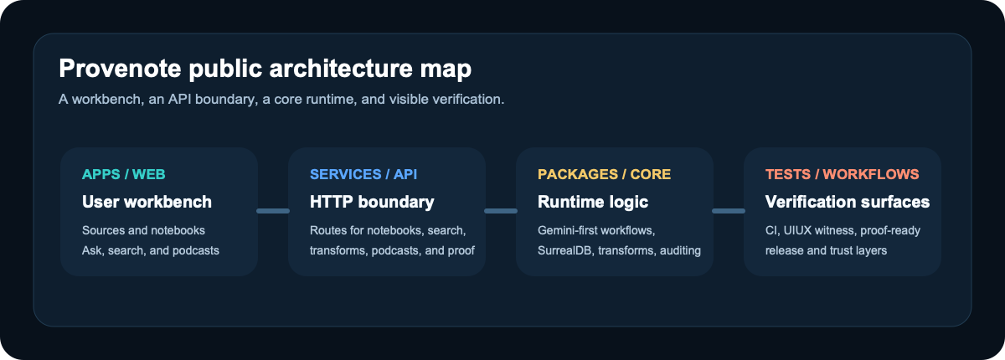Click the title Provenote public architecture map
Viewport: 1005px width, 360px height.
[265, 68]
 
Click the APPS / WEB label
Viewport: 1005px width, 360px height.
[124, 174]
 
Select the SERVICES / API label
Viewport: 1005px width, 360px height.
[363, 174]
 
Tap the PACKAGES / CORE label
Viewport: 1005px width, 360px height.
[604, 174]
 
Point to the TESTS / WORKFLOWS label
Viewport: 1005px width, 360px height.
[842, 174]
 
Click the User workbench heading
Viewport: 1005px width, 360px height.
[147, 202]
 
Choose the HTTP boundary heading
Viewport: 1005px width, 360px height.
[372, 202]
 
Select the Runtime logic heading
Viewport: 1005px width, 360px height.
[593, 202]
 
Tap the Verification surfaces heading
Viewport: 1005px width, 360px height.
[847, 202]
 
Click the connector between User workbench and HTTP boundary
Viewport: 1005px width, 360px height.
[273, 211]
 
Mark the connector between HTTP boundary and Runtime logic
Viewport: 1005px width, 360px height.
[501, 211]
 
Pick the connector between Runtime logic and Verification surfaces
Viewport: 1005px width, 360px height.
[729, 211]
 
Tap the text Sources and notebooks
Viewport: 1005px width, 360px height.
[143, 230]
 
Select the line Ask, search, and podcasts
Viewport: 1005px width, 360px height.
[150, 250]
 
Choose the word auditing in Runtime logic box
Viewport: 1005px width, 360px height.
[679, 250]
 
